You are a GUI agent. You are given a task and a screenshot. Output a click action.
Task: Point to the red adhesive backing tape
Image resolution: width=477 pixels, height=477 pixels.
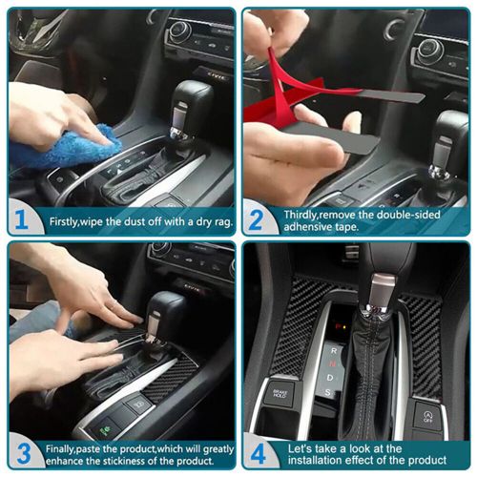[286, 91]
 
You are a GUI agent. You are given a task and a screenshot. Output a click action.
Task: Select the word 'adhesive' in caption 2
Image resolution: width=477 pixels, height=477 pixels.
[305, 228]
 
